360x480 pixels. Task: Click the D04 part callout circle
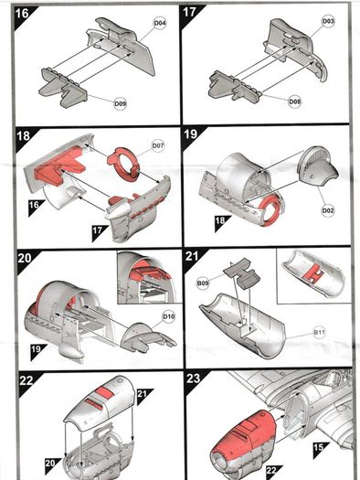coord(160,23)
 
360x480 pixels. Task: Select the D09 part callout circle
coord(121,104)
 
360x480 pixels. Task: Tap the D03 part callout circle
coord(328,21)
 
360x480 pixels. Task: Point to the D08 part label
coord(295,101)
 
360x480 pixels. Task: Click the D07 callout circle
coord(158,145)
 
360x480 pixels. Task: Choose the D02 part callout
coord(328,210)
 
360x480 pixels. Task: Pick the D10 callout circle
coord(168,316)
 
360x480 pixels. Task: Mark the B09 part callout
coord(203,283)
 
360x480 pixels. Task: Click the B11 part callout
coord(319,332)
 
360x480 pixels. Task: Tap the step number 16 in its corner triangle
coord(22,14)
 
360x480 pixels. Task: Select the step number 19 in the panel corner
coord(191,134)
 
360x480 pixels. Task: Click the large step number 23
coord(194,379)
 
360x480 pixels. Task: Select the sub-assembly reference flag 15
coord(319,447)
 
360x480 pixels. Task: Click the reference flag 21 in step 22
coord(142,393)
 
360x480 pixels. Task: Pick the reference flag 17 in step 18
coord(97,229)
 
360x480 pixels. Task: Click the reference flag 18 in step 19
coord(220,220)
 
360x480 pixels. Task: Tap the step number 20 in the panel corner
coord(25,258)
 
